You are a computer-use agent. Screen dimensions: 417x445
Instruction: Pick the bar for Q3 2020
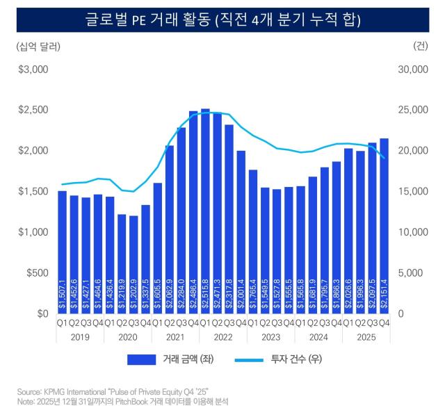tap(133, 264)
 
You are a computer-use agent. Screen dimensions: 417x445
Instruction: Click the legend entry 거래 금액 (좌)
tap(172, 359)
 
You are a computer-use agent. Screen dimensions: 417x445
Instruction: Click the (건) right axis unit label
tap(420, 47)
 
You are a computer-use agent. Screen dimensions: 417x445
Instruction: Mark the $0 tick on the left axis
tap(40, 313)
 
